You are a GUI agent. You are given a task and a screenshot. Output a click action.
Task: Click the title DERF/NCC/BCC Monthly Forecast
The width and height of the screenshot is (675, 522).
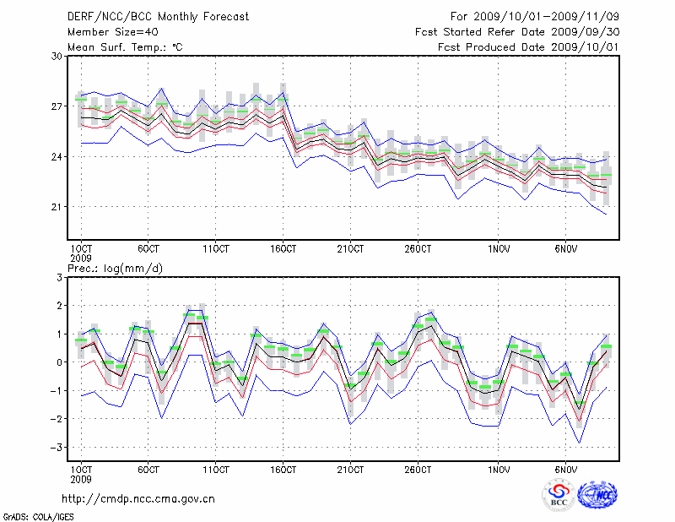158,17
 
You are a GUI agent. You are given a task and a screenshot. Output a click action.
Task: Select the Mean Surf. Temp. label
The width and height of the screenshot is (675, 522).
125,47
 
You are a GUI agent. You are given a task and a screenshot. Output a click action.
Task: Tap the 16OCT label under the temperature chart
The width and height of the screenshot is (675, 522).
283,250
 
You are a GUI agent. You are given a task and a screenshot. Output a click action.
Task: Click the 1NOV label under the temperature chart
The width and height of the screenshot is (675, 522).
499,250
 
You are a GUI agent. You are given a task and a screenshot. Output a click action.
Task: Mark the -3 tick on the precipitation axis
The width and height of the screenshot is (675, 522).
57,447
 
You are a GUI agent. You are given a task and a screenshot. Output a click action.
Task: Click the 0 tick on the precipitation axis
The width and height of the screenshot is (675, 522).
60,362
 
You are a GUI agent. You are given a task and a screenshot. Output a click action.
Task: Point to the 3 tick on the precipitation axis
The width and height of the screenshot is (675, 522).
60,277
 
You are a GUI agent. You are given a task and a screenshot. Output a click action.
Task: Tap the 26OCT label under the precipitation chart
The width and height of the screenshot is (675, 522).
418,469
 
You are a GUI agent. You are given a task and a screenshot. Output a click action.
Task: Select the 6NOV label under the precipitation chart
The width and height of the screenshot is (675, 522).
565,469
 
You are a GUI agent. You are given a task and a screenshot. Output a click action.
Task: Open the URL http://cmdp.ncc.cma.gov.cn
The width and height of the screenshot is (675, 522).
138,498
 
